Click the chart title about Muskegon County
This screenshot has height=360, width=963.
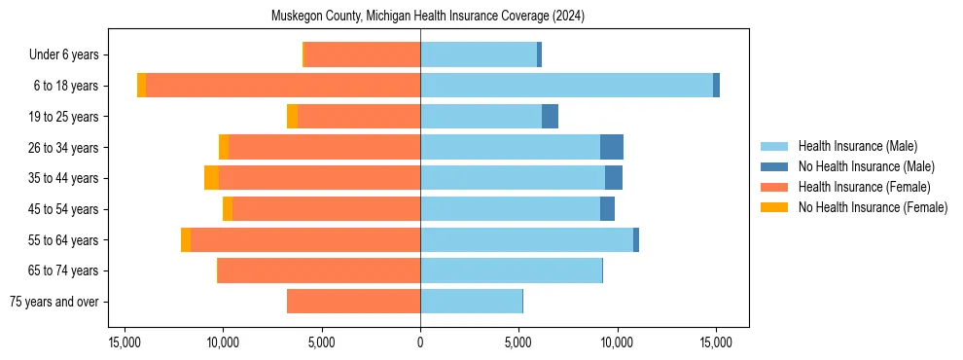click(420, 17)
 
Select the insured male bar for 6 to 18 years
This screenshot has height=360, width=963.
click(566, 86)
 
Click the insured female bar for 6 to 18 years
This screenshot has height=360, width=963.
click(283, 86)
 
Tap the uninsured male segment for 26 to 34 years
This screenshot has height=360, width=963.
click(611, 147)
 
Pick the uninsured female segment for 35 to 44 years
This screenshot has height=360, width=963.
click(211, 178)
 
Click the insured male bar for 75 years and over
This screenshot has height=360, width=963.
click(471, 302)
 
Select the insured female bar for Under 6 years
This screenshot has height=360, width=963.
click(362, 54)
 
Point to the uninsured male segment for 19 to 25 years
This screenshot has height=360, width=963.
click(550, 117)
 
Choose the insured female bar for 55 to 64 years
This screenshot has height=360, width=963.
click(305, 240)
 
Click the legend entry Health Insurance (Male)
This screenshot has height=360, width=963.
click(857, 146)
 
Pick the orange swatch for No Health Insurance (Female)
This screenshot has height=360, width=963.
click(774, 207)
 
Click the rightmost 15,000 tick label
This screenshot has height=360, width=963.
click(716, 342)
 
